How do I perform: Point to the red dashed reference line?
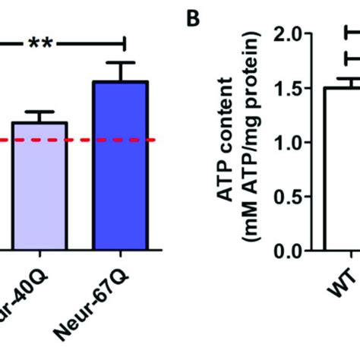point(76,140)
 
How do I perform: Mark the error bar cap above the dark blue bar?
point(120,62)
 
